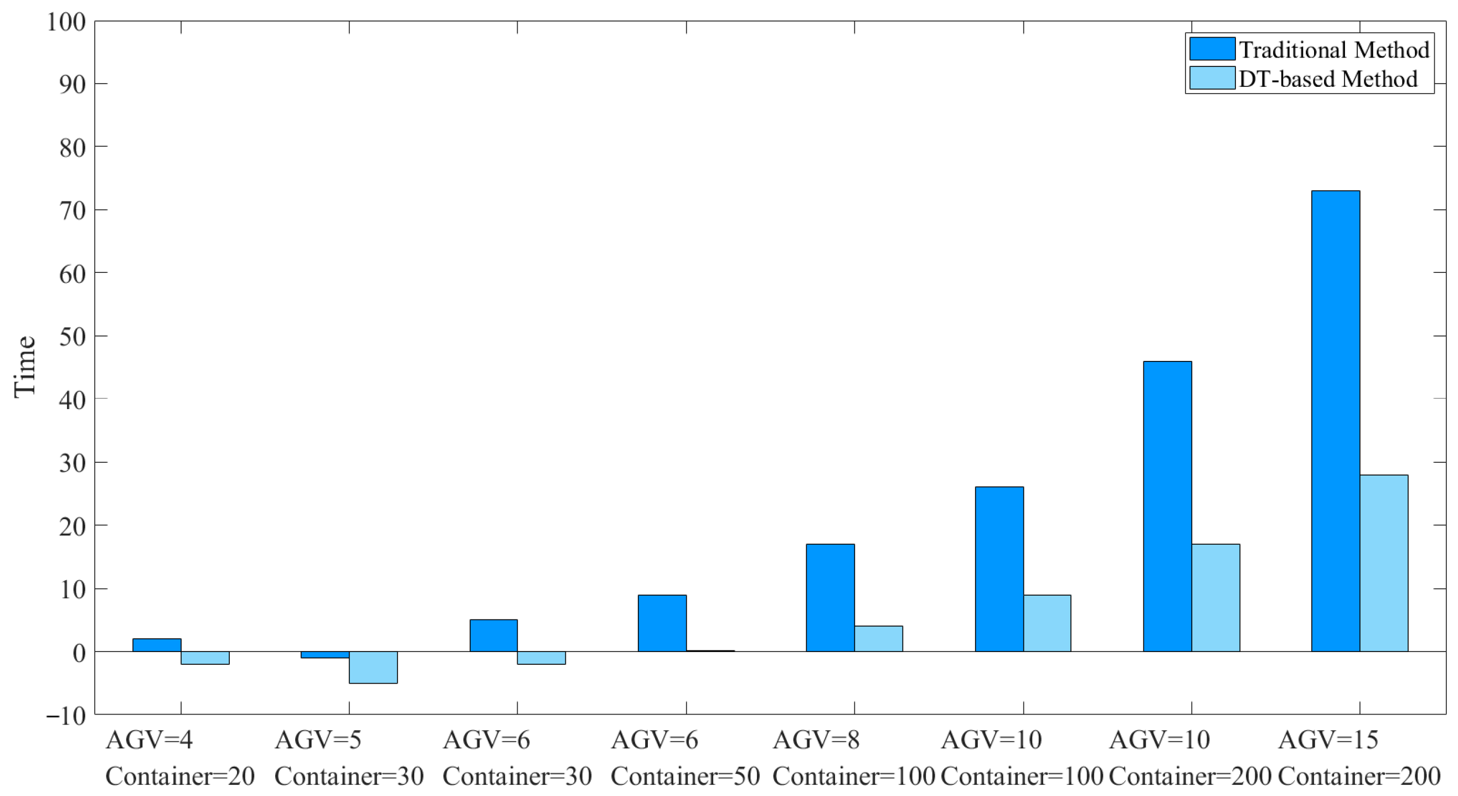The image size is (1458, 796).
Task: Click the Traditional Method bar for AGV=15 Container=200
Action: point(1335,421)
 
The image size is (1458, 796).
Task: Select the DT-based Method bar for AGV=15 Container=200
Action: point(1383,563)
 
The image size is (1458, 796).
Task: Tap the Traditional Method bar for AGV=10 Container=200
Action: point(1167,506)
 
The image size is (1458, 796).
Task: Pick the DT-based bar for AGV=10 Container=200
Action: point(1215,597)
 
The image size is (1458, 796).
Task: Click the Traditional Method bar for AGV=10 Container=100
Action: point(999,569)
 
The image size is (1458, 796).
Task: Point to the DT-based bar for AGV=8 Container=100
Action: point(878,639)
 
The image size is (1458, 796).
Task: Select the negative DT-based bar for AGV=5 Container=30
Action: point(373,667)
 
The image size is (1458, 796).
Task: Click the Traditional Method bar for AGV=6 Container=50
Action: point(662,623)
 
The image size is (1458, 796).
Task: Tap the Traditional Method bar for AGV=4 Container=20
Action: point(157,645)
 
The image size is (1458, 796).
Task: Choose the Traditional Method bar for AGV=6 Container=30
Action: point(493,635)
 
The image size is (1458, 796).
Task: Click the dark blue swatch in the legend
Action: point(1212,49)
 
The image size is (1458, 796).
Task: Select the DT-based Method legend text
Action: point(1328,79)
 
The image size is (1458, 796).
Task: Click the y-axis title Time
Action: point(24,366)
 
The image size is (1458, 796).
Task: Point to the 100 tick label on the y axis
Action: point(66,22)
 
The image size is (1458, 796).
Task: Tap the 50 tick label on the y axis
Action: point(73,337)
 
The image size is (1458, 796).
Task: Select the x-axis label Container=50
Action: point(685,776)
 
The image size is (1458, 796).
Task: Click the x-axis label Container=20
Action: point(180,776)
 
